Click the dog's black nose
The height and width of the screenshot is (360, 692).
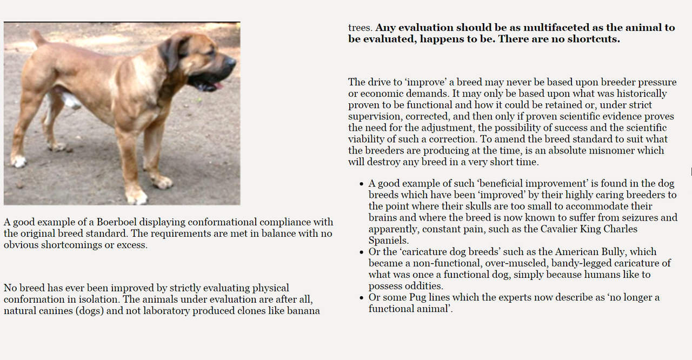tap(231, 62)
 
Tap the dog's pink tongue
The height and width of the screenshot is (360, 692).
tap(217, 86)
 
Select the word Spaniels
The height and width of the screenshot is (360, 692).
tap(389, 241)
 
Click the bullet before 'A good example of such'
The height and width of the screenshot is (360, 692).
tap(361, 184)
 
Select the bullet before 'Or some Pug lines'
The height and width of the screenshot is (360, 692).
tap(361, 298)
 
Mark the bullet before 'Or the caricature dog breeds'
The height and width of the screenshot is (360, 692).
tap(361, 252)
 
